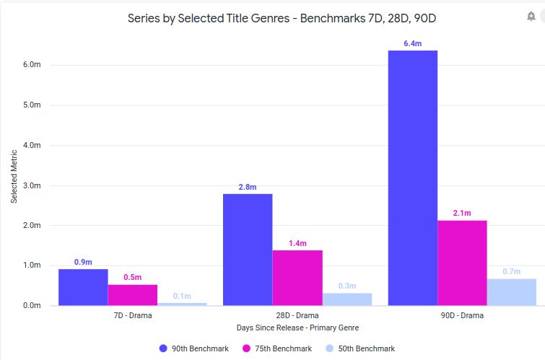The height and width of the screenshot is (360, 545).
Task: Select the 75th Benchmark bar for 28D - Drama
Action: [297, 278]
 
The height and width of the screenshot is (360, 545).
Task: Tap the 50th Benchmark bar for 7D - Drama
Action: [182, 304]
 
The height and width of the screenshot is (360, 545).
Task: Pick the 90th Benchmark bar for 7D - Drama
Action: [83, 287]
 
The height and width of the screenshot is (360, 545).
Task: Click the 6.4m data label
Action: [413, 44]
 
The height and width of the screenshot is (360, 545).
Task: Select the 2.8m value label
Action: [248, 188]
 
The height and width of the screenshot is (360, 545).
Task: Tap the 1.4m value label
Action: [297, 243]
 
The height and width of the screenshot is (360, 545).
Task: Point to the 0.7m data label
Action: [512, 271]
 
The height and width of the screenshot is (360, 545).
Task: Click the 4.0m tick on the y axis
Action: [32, 145]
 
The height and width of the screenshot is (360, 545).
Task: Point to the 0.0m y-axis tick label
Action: [32, 306]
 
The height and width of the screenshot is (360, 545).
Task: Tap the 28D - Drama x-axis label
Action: [297, 316]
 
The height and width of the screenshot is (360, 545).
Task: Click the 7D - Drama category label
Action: [133, 316]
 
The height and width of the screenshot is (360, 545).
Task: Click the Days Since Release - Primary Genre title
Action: [297, 328]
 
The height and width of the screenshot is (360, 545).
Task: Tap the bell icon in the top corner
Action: [531, 16]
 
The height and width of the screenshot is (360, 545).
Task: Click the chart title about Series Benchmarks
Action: [282, 18]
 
